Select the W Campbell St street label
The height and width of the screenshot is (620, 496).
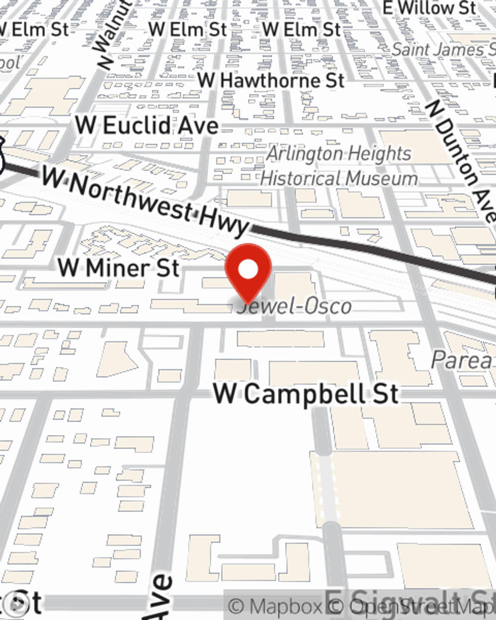(306, 394)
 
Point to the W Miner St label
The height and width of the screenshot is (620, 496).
(119, 268)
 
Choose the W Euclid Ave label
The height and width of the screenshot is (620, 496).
(147, 125)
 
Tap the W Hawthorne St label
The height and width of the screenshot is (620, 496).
(271, 80)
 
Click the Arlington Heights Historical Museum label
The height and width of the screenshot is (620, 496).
(339, 166)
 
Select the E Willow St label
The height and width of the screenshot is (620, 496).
(430, 8)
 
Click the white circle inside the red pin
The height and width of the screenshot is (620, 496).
(248, 270)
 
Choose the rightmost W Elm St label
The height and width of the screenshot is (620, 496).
(302, 30)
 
